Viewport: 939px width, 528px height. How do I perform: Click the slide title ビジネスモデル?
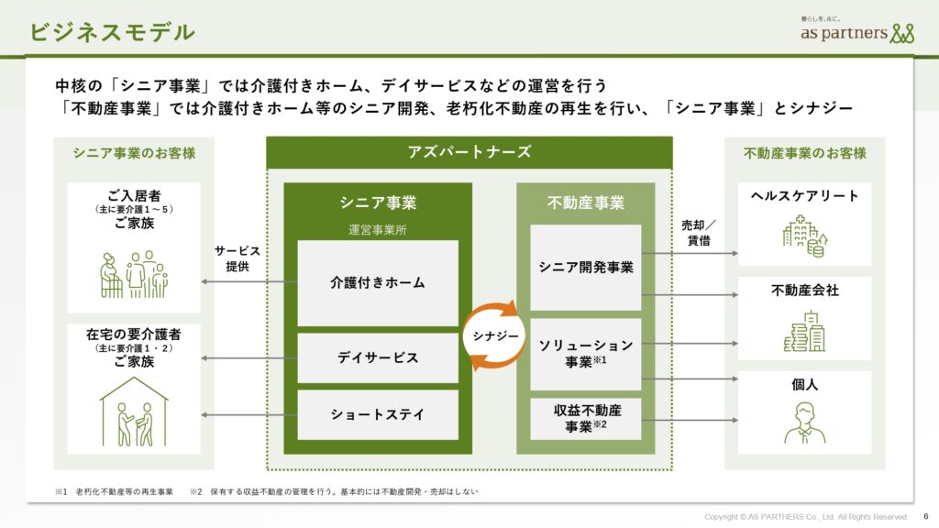pyautogui.click(x=112, y=32)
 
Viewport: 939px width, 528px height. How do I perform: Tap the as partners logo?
pyautogui.click(x=857, y=31)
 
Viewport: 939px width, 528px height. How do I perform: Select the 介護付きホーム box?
pyautogui.click(x=378, y=282)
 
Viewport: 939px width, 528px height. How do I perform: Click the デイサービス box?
pyautogui.click(x=378, y=358)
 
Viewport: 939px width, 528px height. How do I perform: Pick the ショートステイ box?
pyautogui.click(x=378, y=415)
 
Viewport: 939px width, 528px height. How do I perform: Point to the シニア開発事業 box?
pyautogui.click(x=586, y=268)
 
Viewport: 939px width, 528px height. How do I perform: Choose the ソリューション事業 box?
pyautogui.click(x=586, y=354)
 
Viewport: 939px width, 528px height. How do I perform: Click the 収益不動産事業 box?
pyautogui.click(x=586, y=418)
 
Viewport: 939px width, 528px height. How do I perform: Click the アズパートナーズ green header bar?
pyautogui.click(x=469, y=152)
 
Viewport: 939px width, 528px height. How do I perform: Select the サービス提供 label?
pyautogui.click(x=238, y=258)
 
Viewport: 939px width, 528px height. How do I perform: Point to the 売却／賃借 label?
pyautogui.click(x=698, y=233)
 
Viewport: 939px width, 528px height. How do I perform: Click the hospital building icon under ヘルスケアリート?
pyautogui.click(x=805, y=236)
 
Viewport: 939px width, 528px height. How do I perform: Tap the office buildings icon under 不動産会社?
pyautogui.click(x=805, y=331)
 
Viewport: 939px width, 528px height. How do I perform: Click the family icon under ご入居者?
pyautogui.click(x=134, y=274)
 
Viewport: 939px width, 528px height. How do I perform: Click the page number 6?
pyautogui.click(x=926, y=516)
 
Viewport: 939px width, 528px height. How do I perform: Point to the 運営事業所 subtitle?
pyautogui.click(x=378, y=230)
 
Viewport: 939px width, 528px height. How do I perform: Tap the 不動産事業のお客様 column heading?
pyautogui.click(x=805, y=153)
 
